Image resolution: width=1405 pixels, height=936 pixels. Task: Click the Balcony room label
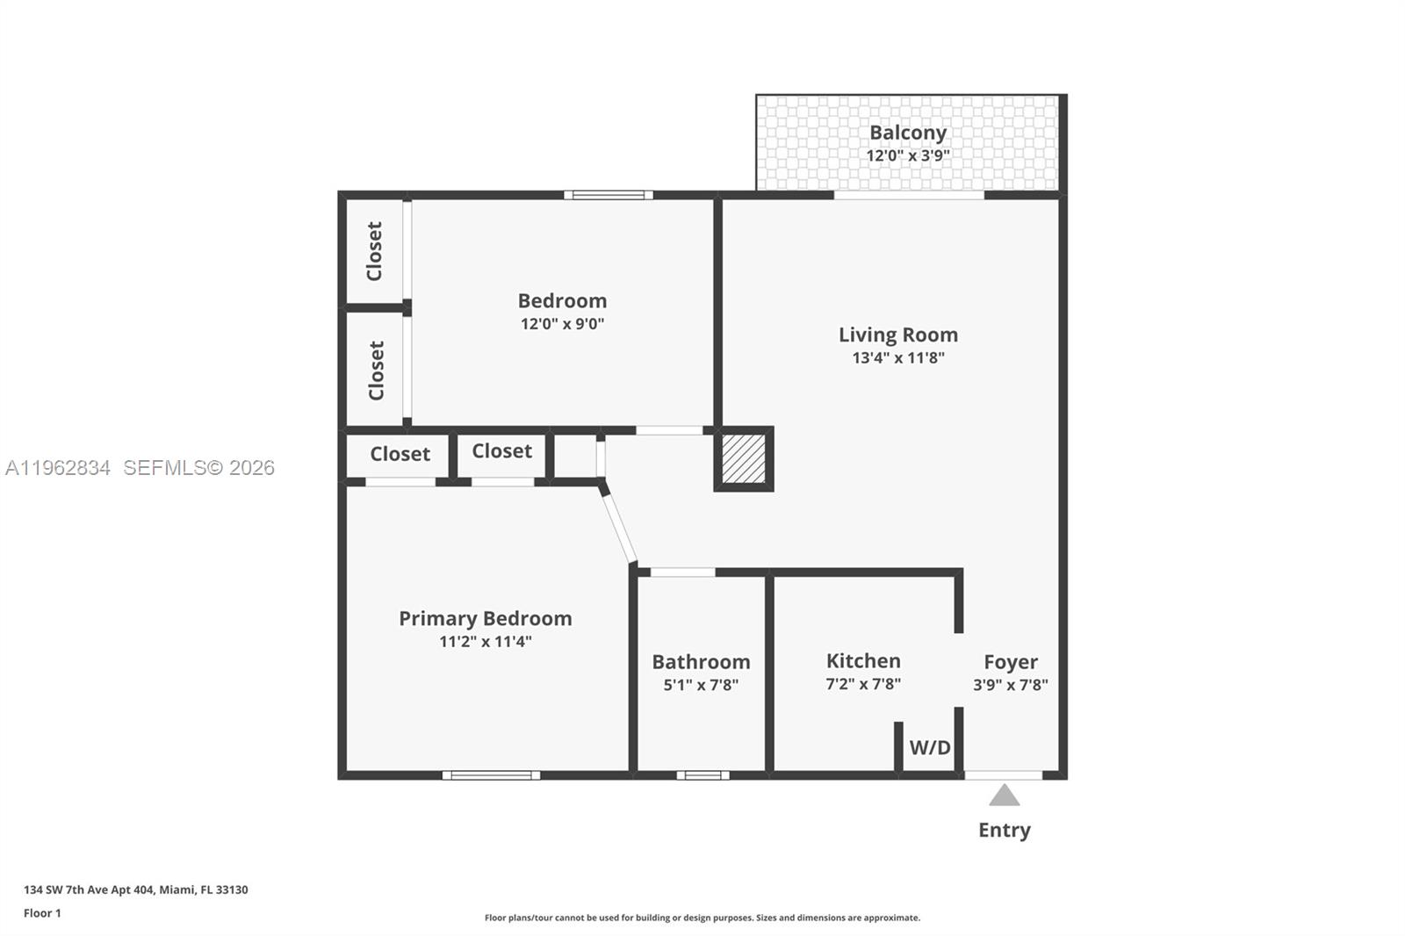pyautogui.click(x=907, y=133)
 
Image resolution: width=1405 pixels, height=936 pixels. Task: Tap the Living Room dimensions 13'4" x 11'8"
pyautogui.click(x=897, y=357)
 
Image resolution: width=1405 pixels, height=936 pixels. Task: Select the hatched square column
pyautogui.click(x=743, y=458)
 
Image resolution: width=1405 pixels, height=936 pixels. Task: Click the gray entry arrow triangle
pyautogui.click(x=1004, y=796)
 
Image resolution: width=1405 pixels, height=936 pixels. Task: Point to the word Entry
pyautogui.click(x=1004, y=830)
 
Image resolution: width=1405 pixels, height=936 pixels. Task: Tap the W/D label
pyautogui.click(x=929, y=748)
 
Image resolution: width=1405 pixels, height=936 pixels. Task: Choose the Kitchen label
pyautogui.click(x=862, y=660)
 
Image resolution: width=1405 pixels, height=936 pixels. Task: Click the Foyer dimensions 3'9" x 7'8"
pyautogui.click(x=1010, y=685)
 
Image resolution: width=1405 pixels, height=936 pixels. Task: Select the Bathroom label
pyautogui.click(x=700, y=661)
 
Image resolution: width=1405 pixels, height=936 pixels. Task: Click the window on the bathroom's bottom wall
pyautogui.click(x=702, y=775)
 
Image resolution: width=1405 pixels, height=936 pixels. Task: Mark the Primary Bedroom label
pyautogui.click(x=485, y=618)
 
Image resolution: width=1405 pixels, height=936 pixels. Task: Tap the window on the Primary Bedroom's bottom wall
pyautogui.click(x=491, y=775)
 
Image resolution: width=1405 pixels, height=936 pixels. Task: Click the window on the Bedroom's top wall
pyautogui.click(x=608, y=195)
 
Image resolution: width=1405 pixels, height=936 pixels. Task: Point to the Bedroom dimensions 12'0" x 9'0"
pyautogui.click(x=562, y=323)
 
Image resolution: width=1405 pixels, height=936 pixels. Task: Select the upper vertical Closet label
pyautogui.click(x=375, y=251)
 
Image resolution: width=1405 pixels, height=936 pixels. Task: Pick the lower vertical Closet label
pyautogui.click(x=377, y=371)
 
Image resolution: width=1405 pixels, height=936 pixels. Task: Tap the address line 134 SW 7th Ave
pyautogui.click(x=135, y=889)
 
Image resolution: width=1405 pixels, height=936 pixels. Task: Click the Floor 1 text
pyautogui.click(x=42, y=913)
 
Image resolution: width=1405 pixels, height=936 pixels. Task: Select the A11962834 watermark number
pyautogui.click(x=58, y=468)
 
